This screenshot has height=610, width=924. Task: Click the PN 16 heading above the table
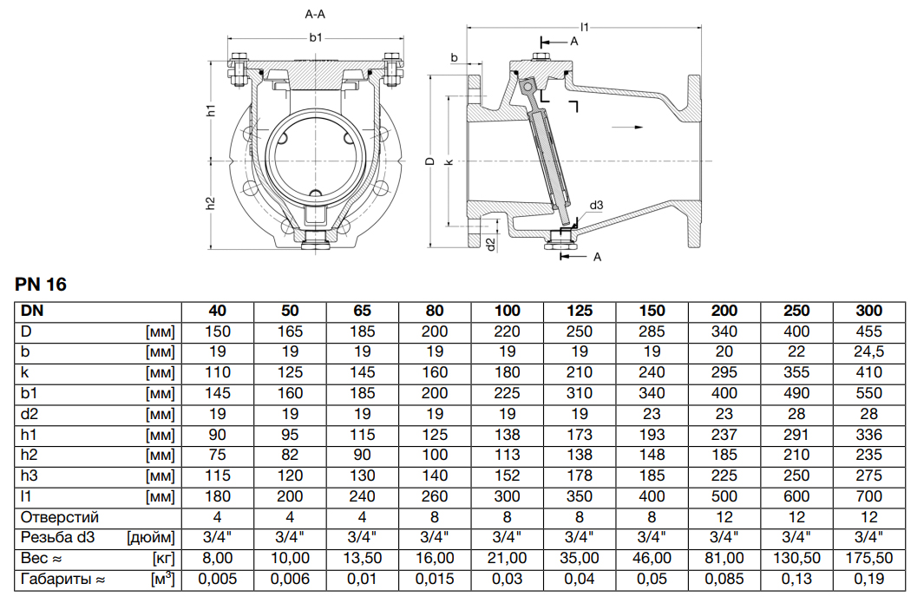click(41, 285)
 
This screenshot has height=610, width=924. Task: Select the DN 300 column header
click(868, 311)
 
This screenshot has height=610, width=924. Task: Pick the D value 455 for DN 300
click(868, 331)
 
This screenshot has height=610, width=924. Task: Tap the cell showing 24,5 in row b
click(868, 352)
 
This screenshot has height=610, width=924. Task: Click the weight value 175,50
click(868, 558)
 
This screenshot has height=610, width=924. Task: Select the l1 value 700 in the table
click(868, 496)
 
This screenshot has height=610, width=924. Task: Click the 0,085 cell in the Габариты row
click(724, 579)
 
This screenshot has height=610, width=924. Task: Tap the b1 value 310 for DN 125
click(579, 393)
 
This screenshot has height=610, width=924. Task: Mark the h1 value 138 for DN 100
click(507, 435)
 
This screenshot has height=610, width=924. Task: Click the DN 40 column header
click(217, 311)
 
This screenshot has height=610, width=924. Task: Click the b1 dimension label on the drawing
click(316, 37)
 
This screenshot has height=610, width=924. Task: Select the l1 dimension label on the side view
click(585, 28)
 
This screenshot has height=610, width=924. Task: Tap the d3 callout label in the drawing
click(596, 206)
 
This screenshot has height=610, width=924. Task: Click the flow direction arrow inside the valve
click(627, 128)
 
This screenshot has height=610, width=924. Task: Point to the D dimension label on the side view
click(429, 161)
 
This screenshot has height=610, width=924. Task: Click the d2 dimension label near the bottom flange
click(490, 244)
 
